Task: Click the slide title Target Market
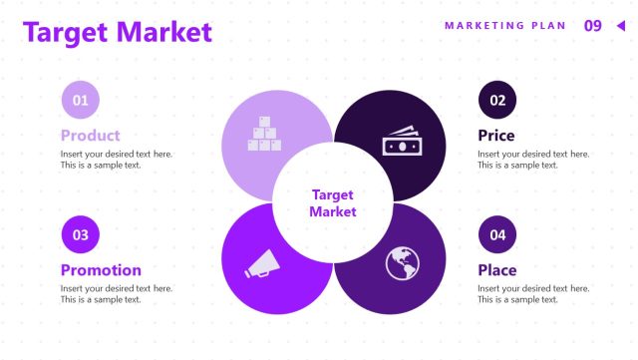pyautogui.click(x=118, y=32)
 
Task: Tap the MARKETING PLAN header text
pyautogui.click(x=504, y=26)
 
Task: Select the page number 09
pyautogui.click(x=592, y=26)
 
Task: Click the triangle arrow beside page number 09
pyautogui.click(x=619, y=26)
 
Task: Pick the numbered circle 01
pyautogui.click(x=81, y=100)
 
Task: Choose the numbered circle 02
pyautogui.click(x=497, y=100)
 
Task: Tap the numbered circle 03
pyautogui.click(x=81, y=234)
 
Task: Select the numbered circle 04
pyautogui.click(x=497, y=234)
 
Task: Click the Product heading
pyautogui.click(x=90, y=136)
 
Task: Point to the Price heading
pyautogui.click(x=496, y=136)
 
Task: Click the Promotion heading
pyautogui.click(x=101, y=270)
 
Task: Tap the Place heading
pyautogui.click(x=497, y=270)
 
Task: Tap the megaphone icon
pyautogui.click(x=261, y=263)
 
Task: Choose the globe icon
pyautogui.click(x=403, y=263)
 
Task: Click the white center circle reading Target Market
pyautogui.click(x=332, y=202)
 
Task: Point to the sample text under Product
pyautogui.click(x=116, y=160)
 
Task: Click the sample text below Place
pyautogui.click(x=533, y=294)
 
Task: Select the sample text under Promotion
pyautogui.click(x=116, y=294)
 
